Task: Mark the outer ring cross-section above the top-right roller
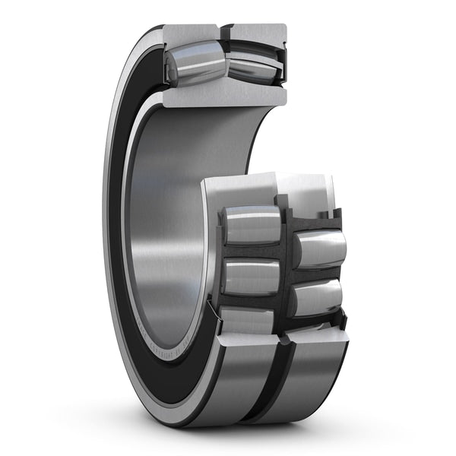tap(258, 35)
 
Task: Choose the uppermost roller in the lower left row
tap(252, 225)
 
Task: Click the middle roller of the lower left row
tap(252, 277)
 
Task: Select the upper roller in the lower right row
tap(320, 249)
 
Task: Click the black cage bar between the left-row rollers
tap(251, 252)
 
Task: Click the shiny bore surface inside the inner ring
tap(163, 228)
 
